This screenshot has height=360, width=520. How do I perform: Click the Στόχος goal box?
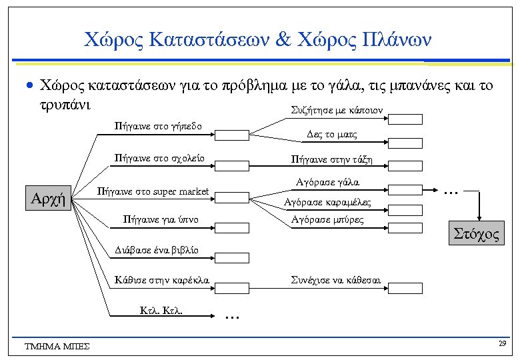[x=477, y=234]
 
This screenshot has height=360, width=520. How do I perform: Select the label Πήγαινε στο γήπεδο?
[x=155, y=125]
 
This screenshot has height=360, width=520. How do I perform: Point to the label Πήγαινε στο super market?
[x=153, y=191]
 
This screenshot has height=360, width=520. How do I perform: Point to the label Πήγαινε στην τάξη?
[x=331, y=159]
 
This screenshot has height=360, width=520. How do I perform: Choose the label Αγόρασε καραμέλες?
[x=327, y=202]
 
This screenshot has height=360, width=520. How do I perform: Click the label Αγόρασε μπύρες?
[x=328, y=219]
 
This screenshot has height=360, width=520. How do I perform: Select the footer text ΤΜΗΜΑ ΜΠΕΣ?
[x=57, y=346]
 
